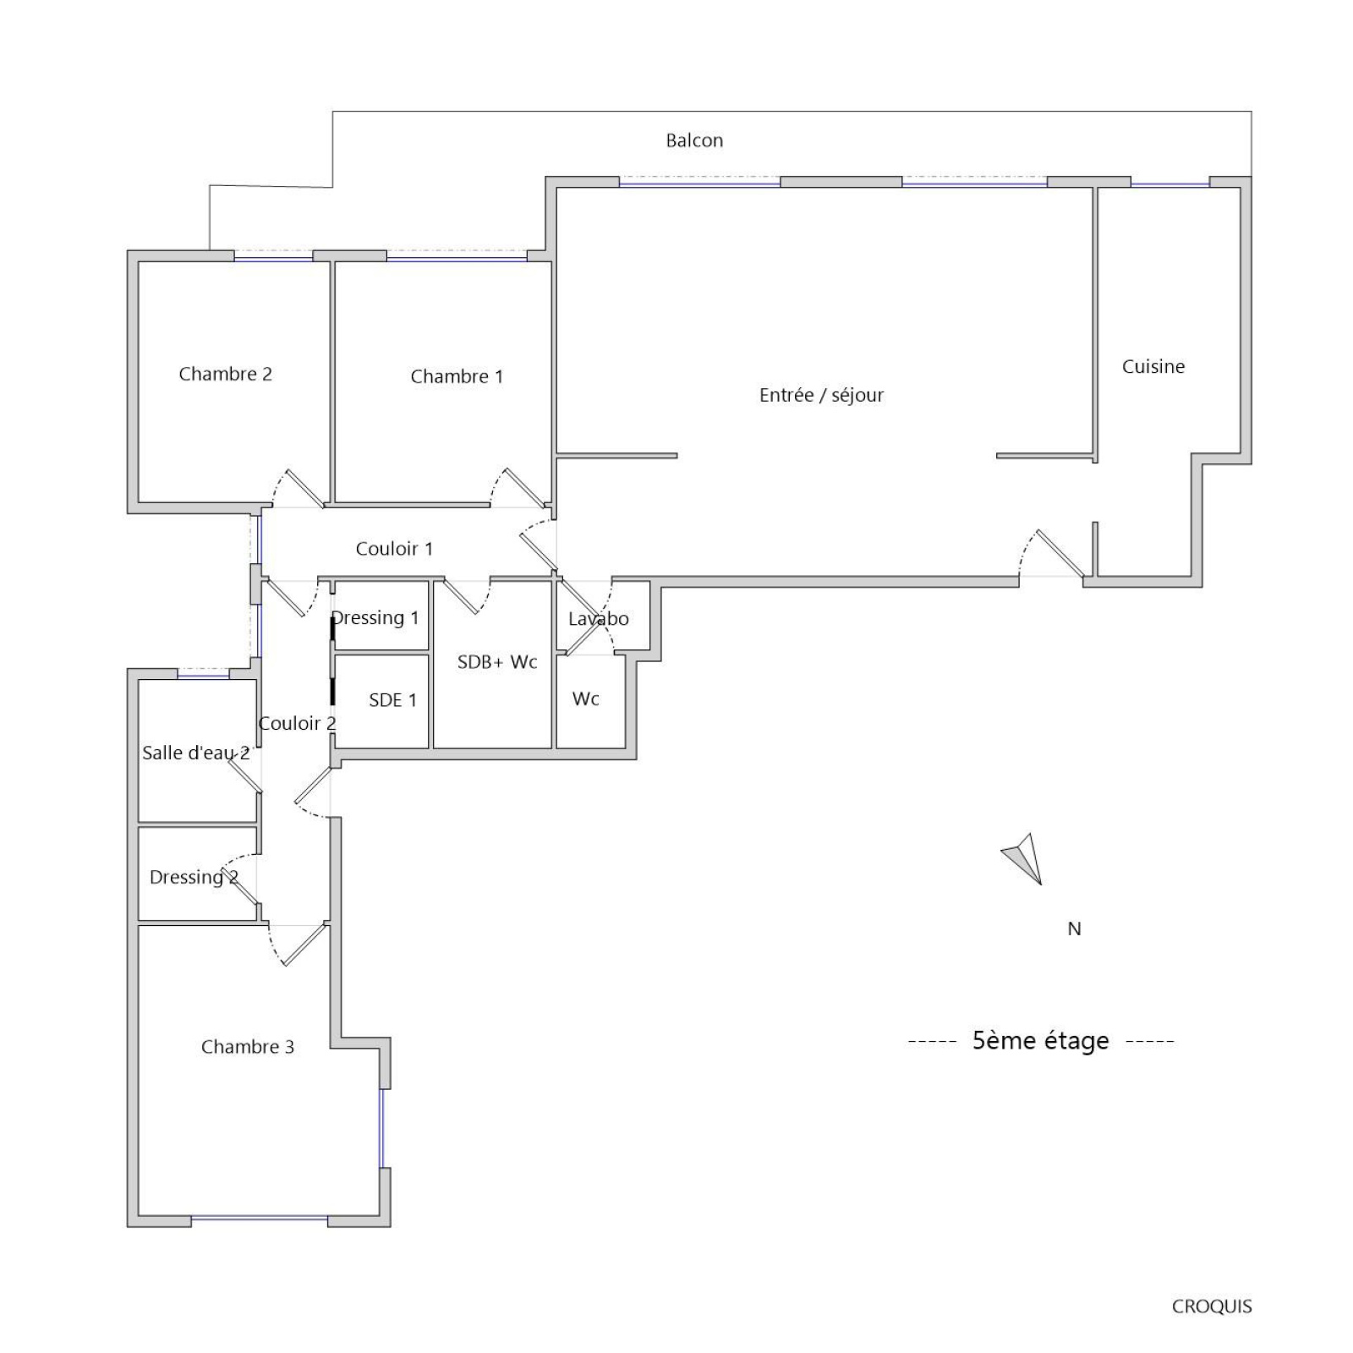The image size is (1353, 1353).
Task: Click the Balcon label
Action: [694, 140]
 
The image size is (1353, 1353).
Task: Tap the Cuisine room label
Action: [1153, 366]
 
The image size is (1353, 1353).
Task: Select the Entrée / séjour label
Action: [821, 395]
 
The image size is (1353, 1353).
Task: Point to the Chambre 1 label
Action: [457, 376]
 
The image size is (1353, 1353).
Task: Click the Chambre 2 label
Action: [225, 374]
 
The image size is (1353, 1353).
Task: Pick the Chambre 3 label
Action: [248, 1047]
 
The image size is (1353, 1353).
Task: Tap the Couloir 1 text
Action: [394, 549]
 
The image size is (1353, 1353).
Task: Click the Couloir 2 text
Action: [297, 723]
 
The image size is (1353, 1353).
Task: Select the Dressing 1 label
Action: [375, 618]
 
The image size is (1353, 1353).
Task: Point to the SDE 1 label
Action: [392, 700]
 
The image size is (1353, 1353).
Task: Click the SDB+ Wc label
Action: [497, 662]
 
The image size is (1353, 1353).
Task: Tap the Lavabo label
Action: [599, 619]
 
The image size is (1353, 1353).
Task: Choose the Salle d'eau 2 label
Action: [196, 753]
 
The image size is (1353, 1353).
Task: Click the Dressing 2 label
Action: [194, 878]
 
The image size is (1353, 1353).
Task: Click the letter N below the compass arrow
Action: [1074, 928]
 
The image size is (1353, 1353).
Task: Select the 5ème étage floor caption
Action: [1040, 1040]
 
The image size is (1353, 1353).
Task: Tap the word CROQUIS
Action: [1212, 1306]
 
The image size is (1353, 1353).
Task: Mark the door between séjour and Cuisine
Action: [1060, 554]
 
